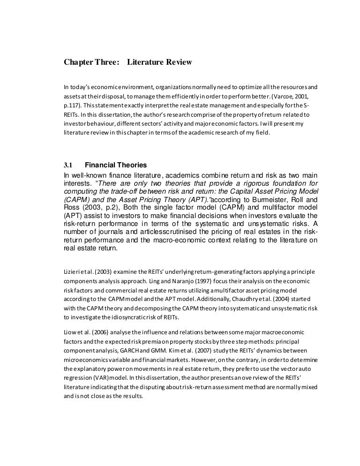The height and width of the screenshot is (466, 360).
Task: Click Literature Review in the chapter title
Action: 159,62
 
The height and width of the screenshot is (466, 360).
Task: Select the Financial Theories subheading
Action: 115,165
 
